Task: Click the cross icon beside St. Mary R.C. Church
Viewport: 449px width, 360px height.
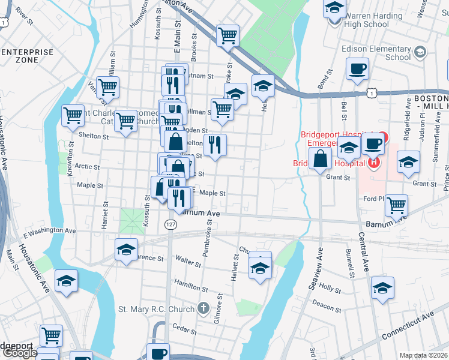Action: coord(203,309)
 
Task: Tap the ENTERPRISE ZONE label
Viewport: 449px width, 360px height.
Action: coord(27,56)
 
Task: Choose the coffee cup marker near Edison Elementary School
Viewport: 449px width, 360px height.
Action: coord(358,69)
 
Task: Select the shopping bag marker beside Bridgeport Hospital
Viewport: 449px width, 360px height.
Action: coord(321,159)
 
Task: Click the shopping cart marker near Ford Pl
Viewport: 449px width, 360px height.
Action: coord(396,205)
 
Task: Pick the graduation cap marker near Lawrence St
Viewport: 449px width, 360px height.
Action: coord(126,250)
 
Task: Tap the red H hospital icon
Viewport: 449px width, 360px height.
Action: coord(375,162)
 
